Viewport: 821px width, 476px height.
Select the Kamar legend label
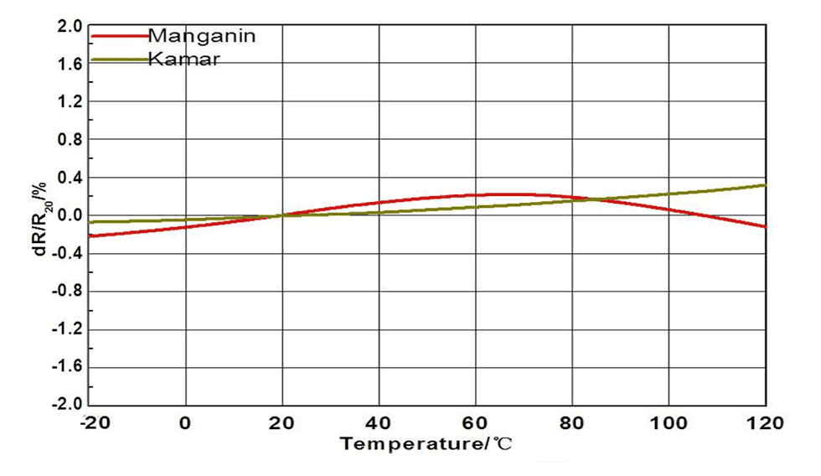click(183, 59)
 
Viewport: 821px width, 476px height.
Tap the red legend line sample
click(117, 36)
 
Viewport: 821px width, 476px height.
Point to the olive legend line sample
click(117, 59)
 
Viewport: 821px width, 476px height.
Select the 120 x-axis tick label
click(766, 423)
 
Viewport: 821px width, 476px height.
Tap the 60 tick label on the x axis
click(476, 423)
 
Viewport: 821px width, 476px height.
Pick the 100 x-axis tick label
click(669, 423)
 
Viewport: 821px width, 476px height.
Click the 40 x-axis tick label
click(380, 423)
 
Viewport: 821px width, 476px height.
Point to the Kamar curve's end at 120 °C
click(765, 185)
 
